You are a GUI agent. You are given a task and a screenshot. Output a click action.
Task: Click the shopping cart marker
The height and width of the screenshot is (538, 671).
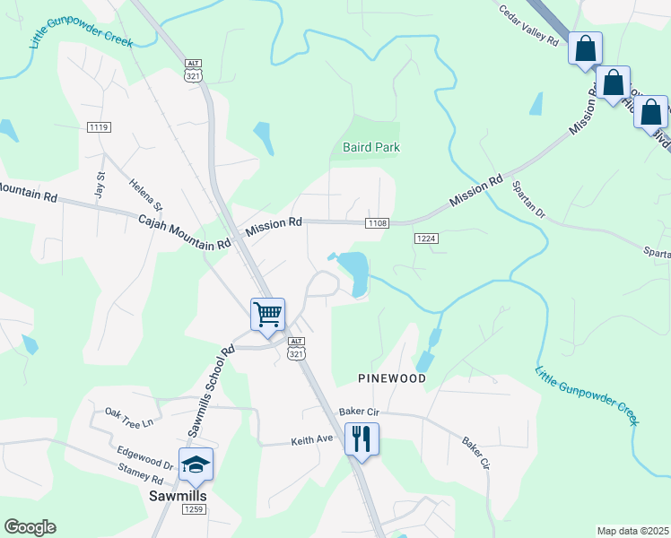(267, 315)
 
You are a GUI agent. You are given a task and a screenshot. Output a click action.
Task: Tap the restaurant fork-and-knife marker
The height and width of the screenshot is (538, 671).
(361, 438)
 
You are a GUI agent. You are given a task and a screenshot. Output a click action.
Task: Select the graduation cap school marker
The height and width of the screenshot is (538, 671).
(196, 464)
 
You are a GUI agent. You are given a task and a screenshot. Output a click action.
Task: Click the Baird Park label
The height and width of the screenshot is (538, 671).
(370, 147)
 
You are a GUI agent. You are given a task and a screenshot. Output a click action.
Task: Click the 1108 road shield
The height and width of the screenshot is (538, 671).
(377, 222)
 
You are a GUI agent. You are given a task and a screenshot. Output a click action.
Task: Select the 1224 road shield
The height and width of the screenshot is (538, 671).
(426, 238)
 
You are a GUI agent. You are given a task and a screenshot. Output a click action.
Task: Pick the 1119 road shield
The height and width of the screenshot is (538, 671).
(99, 127)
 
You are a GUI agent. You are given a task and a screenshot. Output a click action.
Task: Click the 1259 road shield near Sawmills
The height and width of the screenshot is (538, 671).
(194, 509)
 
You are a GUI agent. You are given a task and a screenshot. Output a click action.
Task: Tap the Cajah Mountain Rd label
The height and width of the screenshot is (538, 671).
(185, 232)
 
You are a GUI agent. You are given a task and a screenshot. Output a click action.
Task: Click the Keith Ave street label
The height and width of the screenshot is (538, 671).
(311, 441)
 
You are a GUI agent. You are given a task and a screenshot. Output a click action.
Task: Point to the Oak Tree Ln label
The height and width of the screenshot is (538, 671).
(130, 417)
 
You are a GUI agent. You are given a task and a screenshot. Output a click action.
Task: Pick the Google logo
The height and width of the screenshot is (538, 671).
(30, 527)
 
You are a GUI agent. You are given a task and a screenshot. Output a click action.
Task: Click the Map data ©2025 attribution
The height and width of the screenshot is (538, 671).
(632, 531)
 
